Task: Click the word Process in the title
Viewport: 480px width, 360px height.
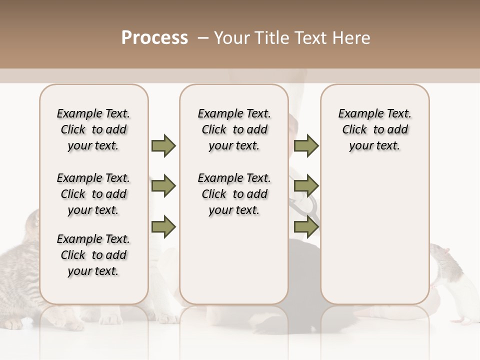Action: click(x=154, y=38)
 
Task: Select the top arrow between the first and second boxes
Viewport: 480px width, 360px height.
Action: click(x=163, y=145)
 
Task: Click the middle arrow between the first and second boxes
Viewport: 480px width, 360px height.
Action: click(x=163, y=186)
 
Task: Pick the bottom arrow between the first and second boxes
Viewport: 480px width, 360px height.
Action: click(x=163, y=227)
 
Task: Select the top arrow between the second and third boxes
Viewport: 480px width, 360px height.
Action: click(x=306, y=145)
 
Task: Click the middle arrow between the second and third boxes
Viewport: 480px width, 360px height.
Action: click(x=306, y=186)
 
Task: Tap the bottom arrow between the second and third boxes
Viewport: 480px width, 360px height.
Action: click(x=306, y=227)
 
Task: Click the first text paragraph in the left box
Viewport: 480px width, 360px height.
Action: click(x=93, y=129)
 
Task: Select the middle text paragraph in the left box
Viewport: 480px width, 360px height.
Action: click(x=93, y=194)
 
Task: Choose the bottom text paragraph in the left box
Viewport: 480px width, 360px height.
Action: click(x=93, y=255)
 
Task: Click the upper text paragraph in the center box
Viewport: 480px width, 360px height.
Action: click(x=234, y=129)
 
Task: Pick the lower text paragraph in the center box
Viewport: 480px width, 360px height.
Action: click(x=234, y=194)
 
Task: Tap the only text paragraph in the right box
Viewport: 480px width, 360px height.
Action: click(x=374, y=129)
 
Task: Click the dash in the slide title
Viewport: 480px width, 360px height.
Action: click(x=203, y=38)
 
